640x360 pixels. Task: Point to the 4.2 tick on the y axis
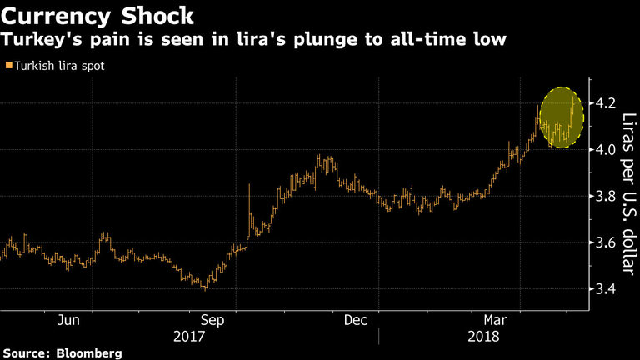tap(606, 103)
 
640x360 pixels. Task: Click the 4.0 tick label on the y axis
tap(606, 150)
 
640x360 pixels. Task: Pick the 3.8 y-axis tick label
tap(606, 197)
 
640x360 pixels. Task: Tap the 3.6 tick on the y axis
tap(606, 243)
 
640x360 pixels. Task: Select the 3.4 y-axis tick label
tap(606, 290)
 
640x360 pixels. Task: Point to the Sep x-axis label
tap(212, 320)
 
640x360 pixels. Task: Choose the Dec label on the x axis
tap(355, 320)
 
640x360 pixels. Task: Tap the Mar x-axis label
tap(497, 320)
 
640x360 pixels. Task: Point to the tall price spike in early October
tap(249, 200)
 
